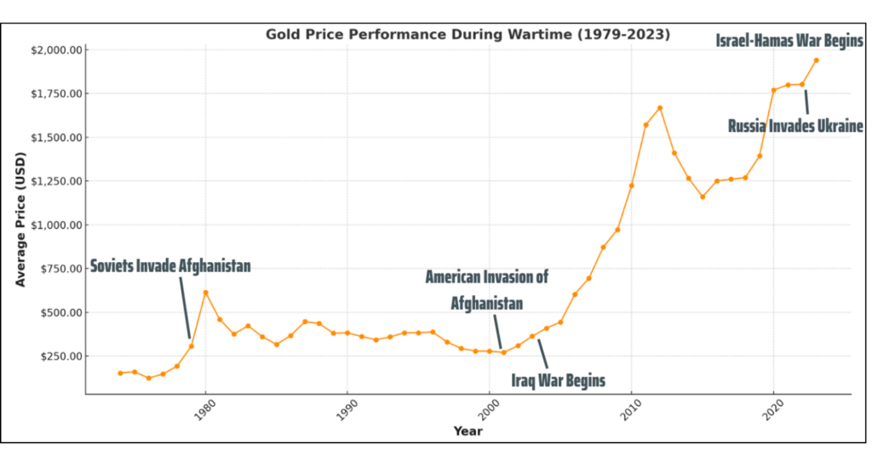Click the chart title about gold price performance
[x=468, y=35]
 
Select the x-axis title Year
[x=468, y=431]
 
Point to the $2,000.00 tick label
[x=56, y=50]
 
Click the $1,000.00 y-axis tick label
[x=56, y=225]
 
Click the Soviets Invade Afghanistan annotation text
[x=170, y=266]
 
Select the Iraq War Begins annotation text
[x=558, y=380]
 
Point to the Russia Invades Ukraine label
[x=795, y=126]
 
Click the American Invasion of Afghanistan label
[x=486, y=289]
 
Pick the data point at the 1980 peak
[x=205, y=293]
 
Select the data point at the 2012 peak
[x=660, y=108]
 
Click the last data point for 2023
[x=816, y=60]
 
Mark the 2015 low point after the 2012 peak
[x=703, y=196]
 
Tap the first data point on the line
[x=120, y=373]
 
